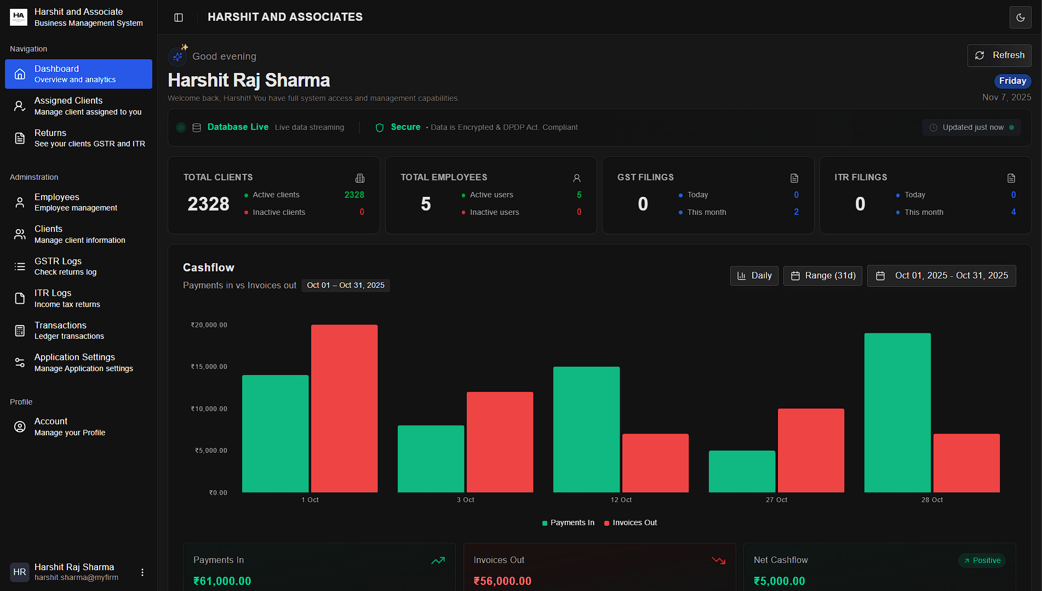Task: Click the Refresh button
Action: tap(999, 55)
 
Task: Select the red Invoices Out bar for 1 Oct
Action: tap(344, 408)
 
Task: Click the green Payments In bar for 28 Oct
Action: tap(897, 412)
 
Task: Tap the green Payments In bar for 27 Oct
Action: tap(741, 471)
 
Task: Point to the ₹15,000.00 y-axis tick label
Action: tap(209, 367)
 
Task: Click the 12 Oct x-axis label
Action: tap(621, 500)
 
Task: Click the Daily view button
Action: tap(754, 276)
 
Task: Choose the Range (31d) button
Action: tap(822, 276)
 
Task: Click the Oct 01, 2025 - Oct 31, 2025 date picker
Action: tap(941, 276)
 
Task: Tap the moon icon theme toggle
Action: tap(1020, 18)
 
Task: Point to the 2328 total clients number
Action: tap(208, 204)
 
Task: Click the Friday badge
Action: tap(1012, 81)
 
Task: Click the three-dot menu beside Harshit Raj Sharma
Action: tap(142, 572)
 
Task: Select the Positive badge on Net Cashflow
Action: tap(982, 560)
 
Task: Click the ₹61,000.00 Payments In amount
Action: tap(222, 581)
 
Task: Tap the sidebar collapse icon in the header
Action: tap(179, 18)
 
